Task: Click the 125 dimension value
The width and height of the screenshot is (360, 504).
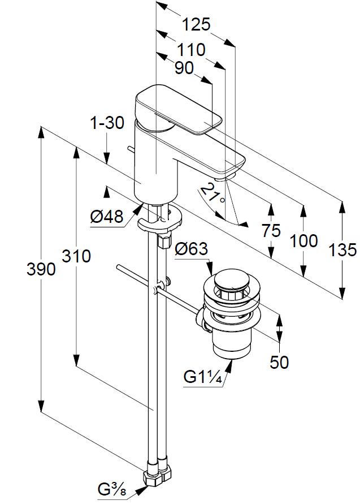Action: click(x=196, y=24)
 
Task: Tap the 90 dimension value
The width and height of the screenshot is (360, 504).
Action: click(x=184, y=68)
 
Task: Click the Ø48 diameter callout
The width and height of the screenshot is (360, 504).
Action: click(x=106, y=216)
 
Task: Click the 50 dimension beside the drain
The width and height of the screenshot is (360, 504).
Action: click(x=279, y=362)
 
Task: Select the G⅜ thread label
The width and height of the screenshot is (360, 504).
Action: click(x=111, y=488)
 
